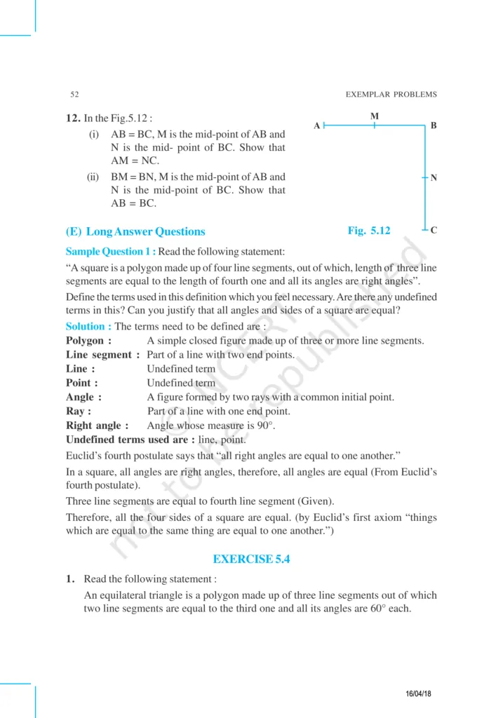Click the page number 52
coord(74,95)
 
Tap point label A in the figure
coord(317,126)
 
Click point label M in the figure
coord(375,115)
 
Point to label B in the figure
coord(434,126)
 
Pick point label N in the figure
coord(434,178)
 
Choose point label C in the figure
coord(434,230)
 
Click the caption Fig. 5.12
coord(369,230)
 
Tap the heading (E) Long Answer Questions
coord(135,231)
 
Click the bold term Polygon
coord(88,341)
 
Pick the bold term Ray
coord(78,412)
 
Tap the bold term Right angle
coord(97,426)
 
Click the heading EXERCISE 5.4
coord(251,559)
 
